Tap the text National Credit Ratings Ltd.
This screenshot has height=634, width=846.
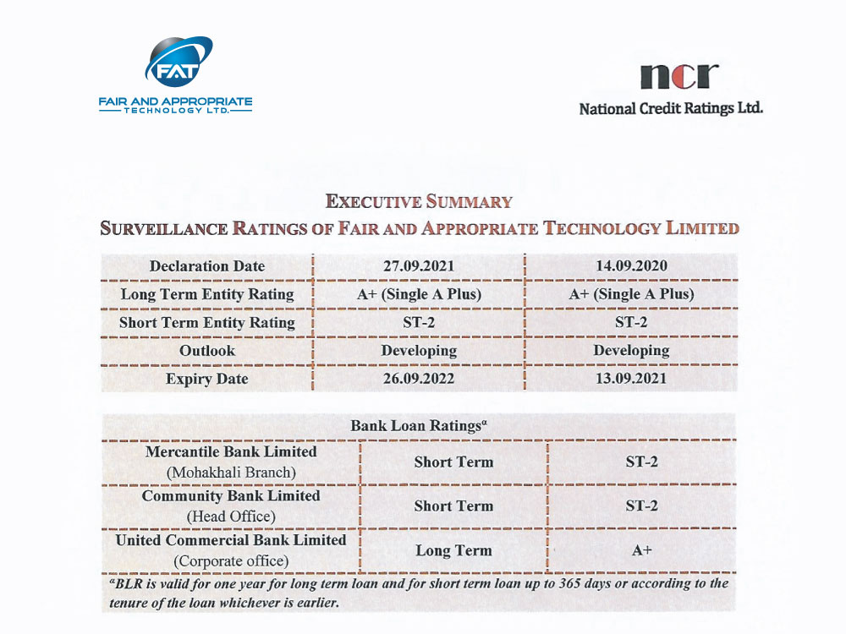pyautogui.click(x=670, y=108)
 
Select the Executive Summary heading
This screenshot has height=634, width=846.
pyautogui.click(x=419, y=201)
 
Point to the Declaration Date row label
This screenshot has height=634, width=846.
pyautogui.click(x=207, y=265)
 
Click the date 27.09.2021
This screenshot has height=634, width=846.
pyautogui.click(x=418, y=265)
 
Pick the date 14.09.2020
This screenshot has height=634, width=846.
pyautogui.click(x=630, y=265)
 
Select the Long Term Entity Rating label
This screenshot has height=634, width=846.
pyautogui.click(x=207, y=294)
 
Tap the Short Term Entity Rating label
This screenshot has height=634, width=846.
pyautogui.click(x=207, y=322)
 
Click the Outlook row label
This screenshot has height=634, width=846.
pyautogui.click(x=207, y=350)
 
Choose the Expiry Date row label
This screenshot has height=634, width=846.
pyautogui.click(x=207, y=378)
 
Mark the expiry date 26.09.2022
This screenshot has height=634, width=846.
pyautogui.click(x=418, y=378)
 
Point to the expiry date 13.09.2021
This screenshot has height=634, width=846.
pyautogui.click(x=630, y=378)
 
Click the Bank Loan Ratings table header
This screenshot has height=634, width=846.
pyautogui.click(x=418, y=425)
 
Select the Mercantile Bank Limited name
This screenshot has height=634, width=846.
pyautogui.click(x=231, y=451)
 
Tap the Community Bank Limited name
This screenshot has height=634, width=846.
pyautogui.click(x=231, y=495)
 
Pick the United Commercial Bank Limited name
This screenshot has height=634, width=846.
pyautogui.click(x=231, y=539)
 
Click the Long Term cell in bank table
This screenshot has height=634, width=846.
pyautogui.click(x=453, y=550)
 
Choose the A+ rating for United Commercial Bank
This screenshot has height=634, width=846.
pyautogui.click(x=641, y=550)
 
